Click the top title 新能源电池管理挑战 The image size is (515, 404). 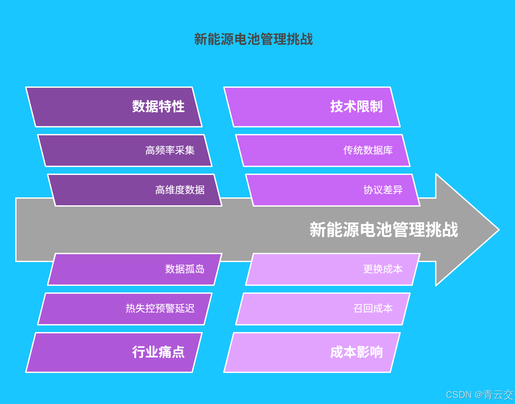(253, 39)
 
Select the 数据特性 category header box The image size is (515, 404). (114, 107)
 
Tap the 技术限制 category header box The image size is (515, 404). (312, 107)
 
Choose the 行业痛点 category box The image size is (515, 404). (114, 353)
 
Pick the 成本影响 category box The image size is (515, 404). (312, 353)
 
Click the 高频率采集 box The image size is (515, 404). (125, 151)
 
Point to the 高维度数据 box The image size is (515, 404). (135, 190)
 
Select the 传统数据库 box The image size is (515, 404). (323, 151)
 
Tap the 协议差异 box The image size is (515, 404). (333, 190)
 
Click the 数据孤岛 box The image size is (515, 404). (135, 269)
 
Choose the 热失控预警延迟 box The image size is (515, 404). (125, 309)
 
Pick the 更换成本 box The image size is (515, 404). (333, 269)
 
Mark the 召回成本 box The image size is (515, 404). (323, 309)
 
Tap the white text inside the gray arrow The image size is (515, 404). (384, 230)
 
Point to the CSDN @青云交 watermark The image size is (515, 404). (479, 395)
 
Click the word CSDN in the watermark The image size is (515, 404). (459, 395)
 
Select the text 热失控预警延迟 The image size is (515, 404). (160, 309)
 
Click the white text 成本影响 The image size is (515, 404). (357, 353)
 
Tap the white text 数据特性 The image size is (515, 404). (158, 107)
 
